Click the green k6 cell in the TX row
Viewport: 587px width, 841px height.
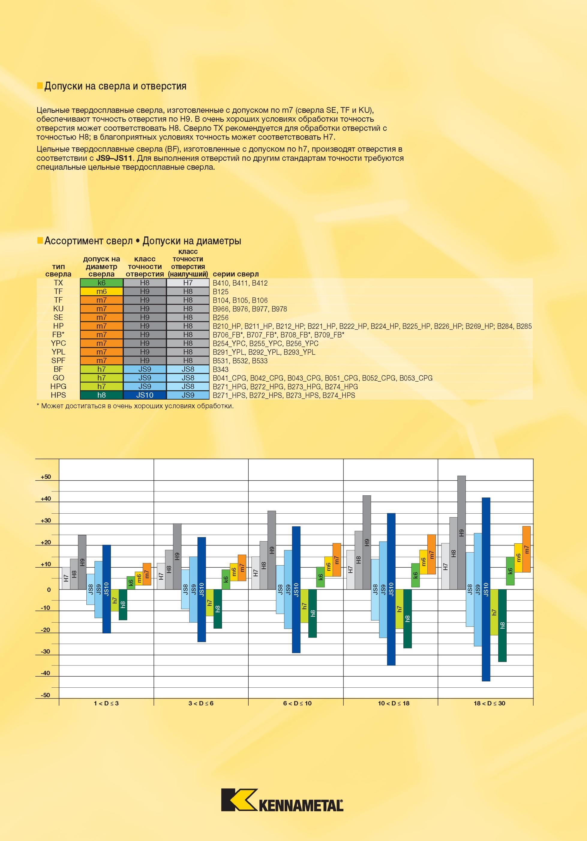(x=101, y=283)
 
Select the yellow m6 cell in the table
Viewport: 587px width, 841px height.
(x=101, y=292)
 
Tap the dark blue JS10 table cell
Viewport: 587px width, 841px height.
(x=145, y=395)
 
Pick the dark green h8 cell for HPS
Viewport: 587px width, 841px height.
(x=101, y=395)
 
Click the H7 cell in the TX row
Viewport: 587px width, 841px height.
(x=188, y=283)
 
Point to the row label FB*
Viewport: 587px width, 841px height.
(x=58, y=335)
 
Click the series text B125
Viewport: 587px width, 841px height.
(x=220, y=292)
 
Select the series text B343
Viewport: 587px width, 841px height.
(x=221, y=370)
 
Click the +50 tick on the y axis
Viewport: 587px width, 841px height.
(x=46, y=477)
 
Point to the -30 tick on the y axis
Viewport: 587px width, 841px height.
(x=45, y=652)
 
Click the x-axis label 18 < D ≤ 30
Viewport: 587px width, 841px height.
(x=489, y=703)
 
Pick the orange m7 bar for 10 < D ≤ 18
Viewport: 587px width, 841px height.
(x=431, y=554)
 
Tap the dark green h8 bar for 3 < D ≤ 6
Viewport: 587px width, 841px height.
(x=218, y=609)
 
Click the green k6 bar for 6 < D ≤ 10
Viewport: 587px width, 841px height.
(x=320, y=577)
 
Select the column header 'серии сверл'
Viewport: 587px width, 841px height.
(x=235, y=274)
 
